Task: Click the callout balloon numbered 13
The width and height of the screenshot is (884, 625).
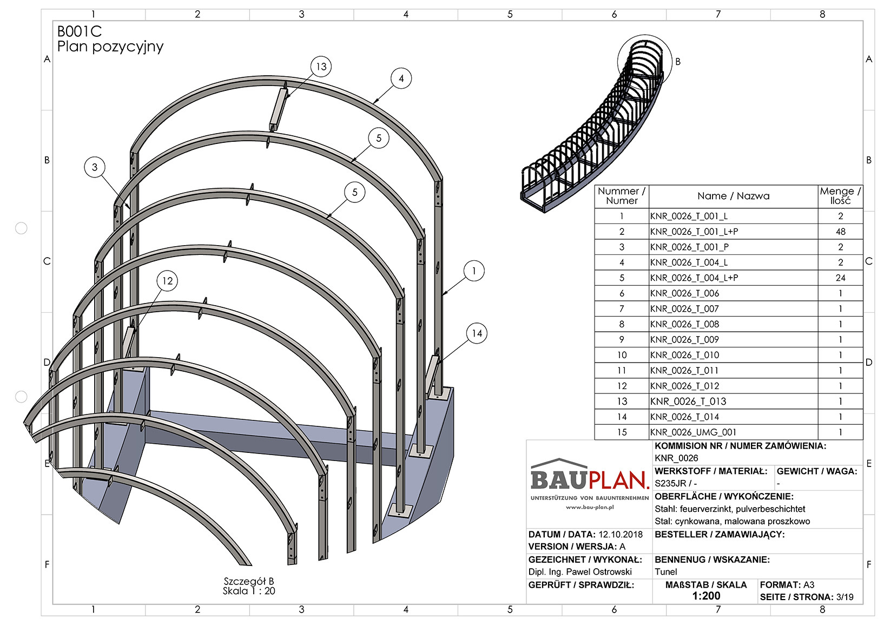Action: point(321,67)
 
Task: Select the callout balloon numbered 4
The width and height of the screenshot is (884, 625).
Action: point(401,78)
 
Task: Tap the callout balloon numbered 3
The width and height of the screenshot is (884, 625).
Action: point(95,167)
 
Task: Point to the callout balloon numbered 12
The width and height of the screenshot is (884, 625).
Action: point(167,281)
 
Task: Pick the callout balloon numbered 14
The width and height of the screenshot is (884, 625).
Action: point(477,333)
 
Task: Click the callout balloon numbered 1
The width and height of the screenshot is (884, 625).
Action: point(474,271)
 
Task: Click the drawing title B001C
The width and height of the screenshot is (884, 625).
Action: point(80,32)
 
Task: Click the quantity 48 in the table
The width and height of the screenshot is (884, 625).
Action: point(840,232)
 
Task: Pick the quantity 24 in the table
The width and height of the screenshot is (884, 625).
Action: point(840,278)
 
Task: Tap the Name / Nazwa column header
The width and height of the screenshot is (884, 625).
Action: point(733,196)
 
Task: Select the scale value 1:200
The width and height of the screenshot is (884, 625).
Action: point(706,596)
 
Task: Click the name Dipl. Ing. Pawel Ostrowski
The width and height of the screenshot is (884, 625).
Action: point(580,572)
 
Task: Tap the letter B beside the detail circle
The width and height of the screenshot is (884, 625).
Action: point(678,62)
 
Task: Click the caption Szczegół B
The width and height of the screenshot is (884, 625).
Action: point(249,582)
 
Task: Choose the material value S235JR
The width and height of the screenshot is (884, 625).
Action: point(670,484)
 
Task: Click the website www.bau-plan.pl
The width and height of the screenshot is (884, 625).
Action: point(590,508)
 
